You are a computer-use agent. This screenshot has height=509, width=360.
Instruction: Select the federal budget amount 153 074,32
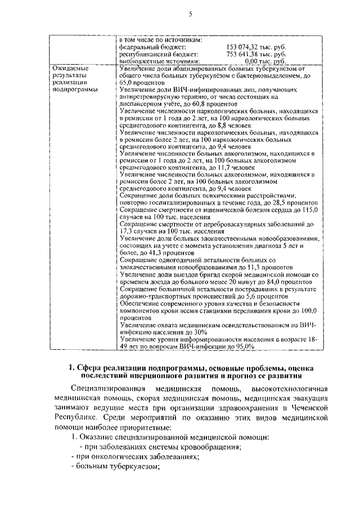click(244, 47)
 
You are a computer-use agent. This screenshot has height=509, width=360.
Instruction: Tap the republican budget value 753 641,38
click(244, 54)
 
